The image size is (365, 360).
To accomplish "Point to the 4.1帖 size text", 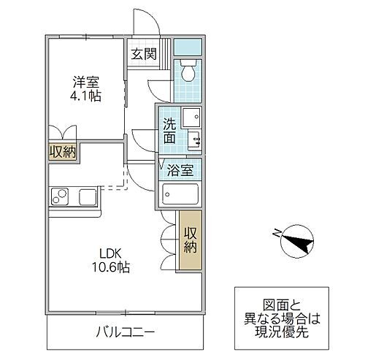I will tap(86, 96).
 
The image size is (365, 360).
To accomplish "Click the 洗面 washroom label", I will tap(169, 131).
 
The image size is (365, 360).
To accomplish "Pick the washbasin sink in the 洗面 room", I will tap(191, 117).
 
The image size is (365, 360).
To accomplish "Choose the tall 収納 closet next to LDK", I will tap(190, 241).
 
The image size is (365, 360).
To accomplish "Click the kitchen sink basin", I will tap(88, 196).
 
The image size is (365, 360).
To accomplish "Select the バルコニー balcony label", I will tap(125, 333).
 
